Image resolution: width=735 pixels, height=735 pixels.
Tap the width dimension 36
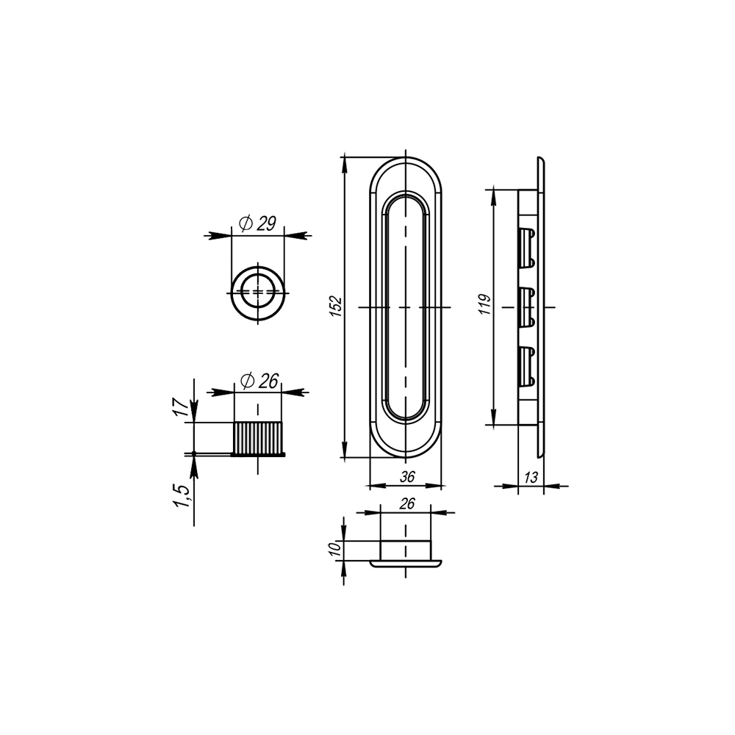point(407,476)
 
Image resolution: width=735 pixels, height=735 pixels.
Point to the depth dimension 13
point(531,477)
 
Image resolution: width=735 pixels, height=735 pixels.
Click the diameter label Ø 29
point(257,223)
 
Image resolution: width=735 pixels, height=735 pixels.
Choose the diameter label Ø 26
point(259,381)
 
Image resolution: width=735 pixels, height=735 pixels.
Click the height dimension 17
point(183,406)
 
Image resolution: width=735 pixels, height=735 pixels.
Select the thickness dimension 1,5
point(182,496)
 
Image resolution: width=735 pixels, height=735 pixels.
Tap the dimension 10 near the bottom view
point(336,548)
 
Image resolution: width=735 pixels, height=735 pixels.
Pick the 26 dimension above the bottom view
point(407,503)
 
